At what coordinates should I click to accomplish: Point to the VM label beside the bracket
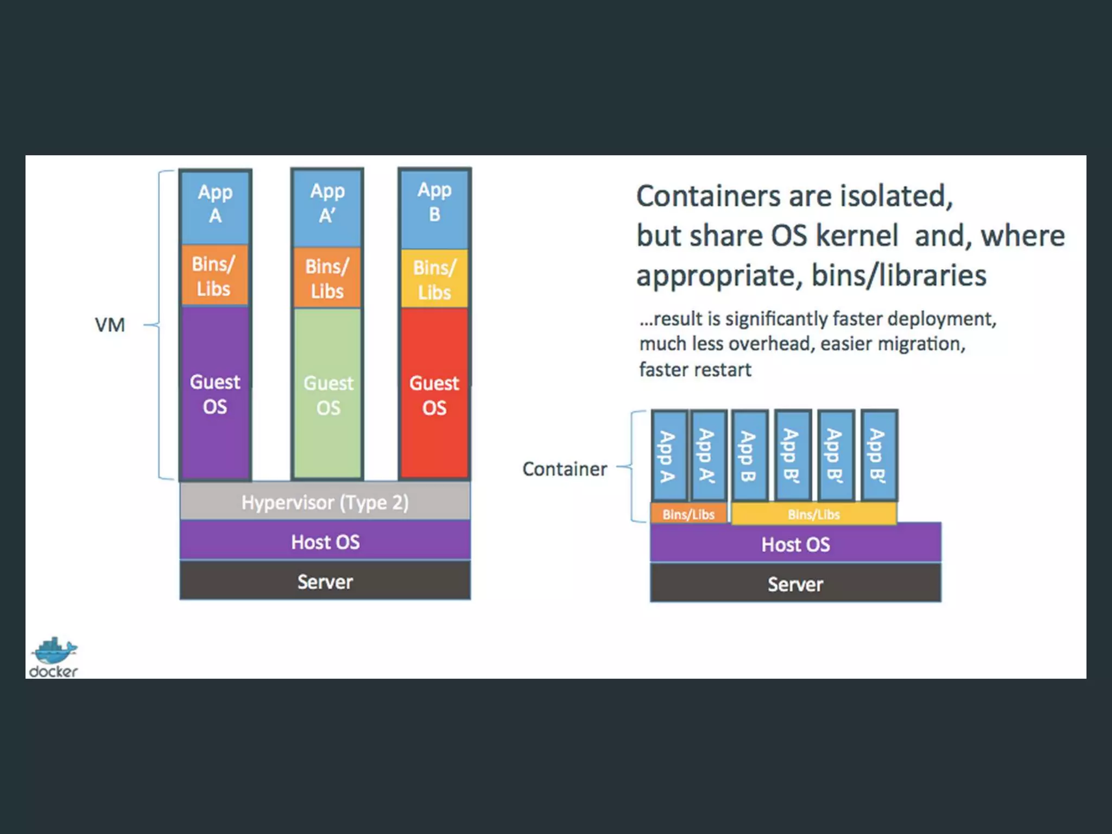pos(110,325)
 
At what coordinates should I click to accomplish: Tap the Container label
pos(564,469)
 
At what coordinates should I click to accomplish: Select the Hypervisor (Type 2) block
pos(325,502)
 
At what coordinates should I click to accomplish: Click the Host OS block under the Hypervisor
pos(325,541)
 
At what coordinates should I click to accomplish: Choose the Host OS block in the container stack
pos(795,544)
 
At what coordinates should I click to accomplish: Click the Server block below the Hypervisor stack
pos(325,582)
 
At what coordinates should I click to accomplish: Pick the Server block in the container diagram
pos(795,584)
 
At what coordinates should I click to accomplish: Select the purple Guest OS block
pos(215,394)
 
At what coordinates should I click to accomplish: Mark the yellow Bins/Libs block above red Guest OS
pos(434,279)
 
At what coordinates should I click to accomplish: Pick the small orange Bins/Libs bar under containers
pos(688,514)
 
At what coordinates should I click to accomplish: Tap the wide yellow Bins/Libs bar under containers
pos(813,514)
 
